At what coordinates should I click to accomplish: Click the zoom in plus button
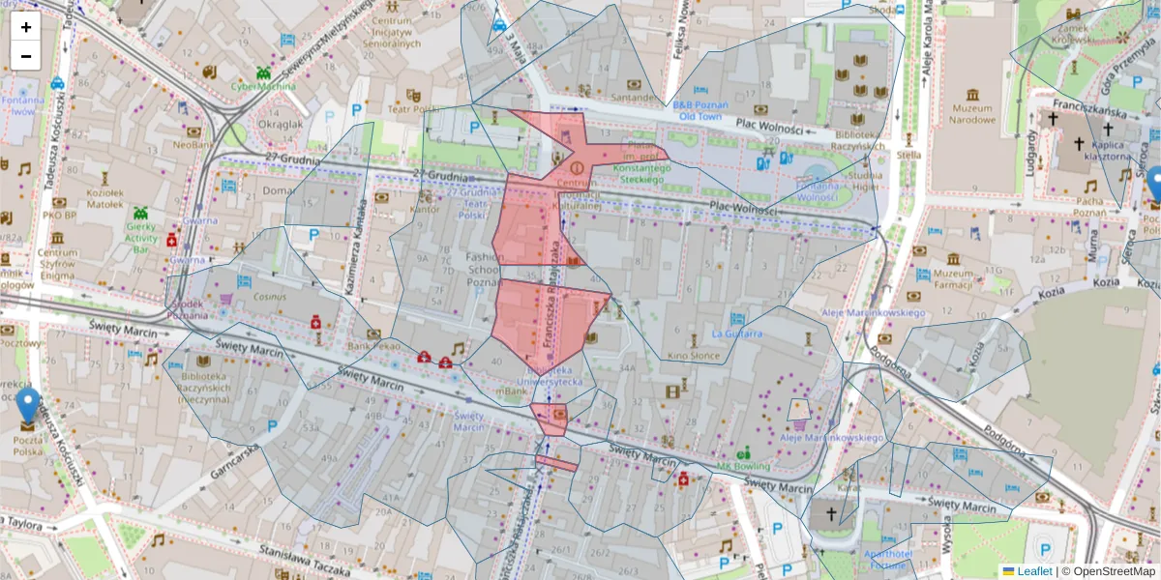coord(26,27)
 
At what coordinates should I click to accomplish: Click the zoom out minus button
coord(26,56)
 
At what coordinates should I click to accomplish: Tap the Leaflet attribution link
coord(1034,571)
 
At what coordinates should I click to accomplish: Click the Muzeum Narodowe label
coord(972,114)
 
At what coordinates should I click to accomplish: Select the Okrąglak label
coord(281,124)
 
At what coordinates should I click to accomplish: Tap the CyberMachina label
coord(263,86)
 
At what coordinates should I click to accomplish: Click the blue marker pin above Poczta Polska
coord(28,404)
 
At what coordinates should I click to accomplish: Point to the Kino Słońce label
coord(691,357)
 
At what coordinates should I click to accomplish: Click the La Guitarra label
coord(736,333)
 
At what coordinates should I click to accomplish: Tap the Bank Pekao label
coord(373,345)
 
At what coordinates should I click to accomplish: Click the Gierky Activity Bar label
coord(141,238)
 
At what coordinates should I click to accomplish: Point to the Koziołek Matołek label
coord(104,199)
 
